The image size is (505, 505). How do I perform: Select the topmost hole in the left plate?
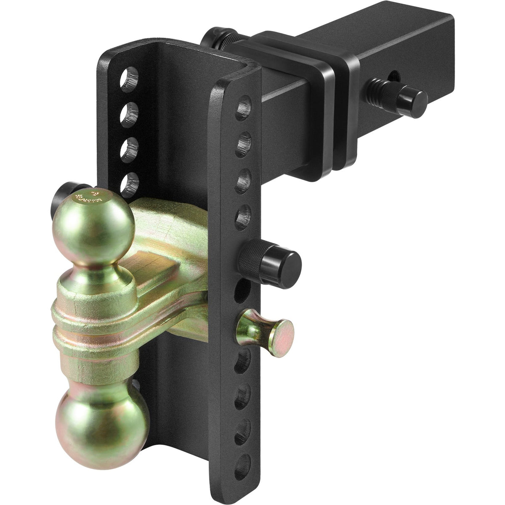(130, 78)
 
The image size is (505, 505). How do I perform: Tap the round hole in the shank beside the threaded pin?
(395, 76)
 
